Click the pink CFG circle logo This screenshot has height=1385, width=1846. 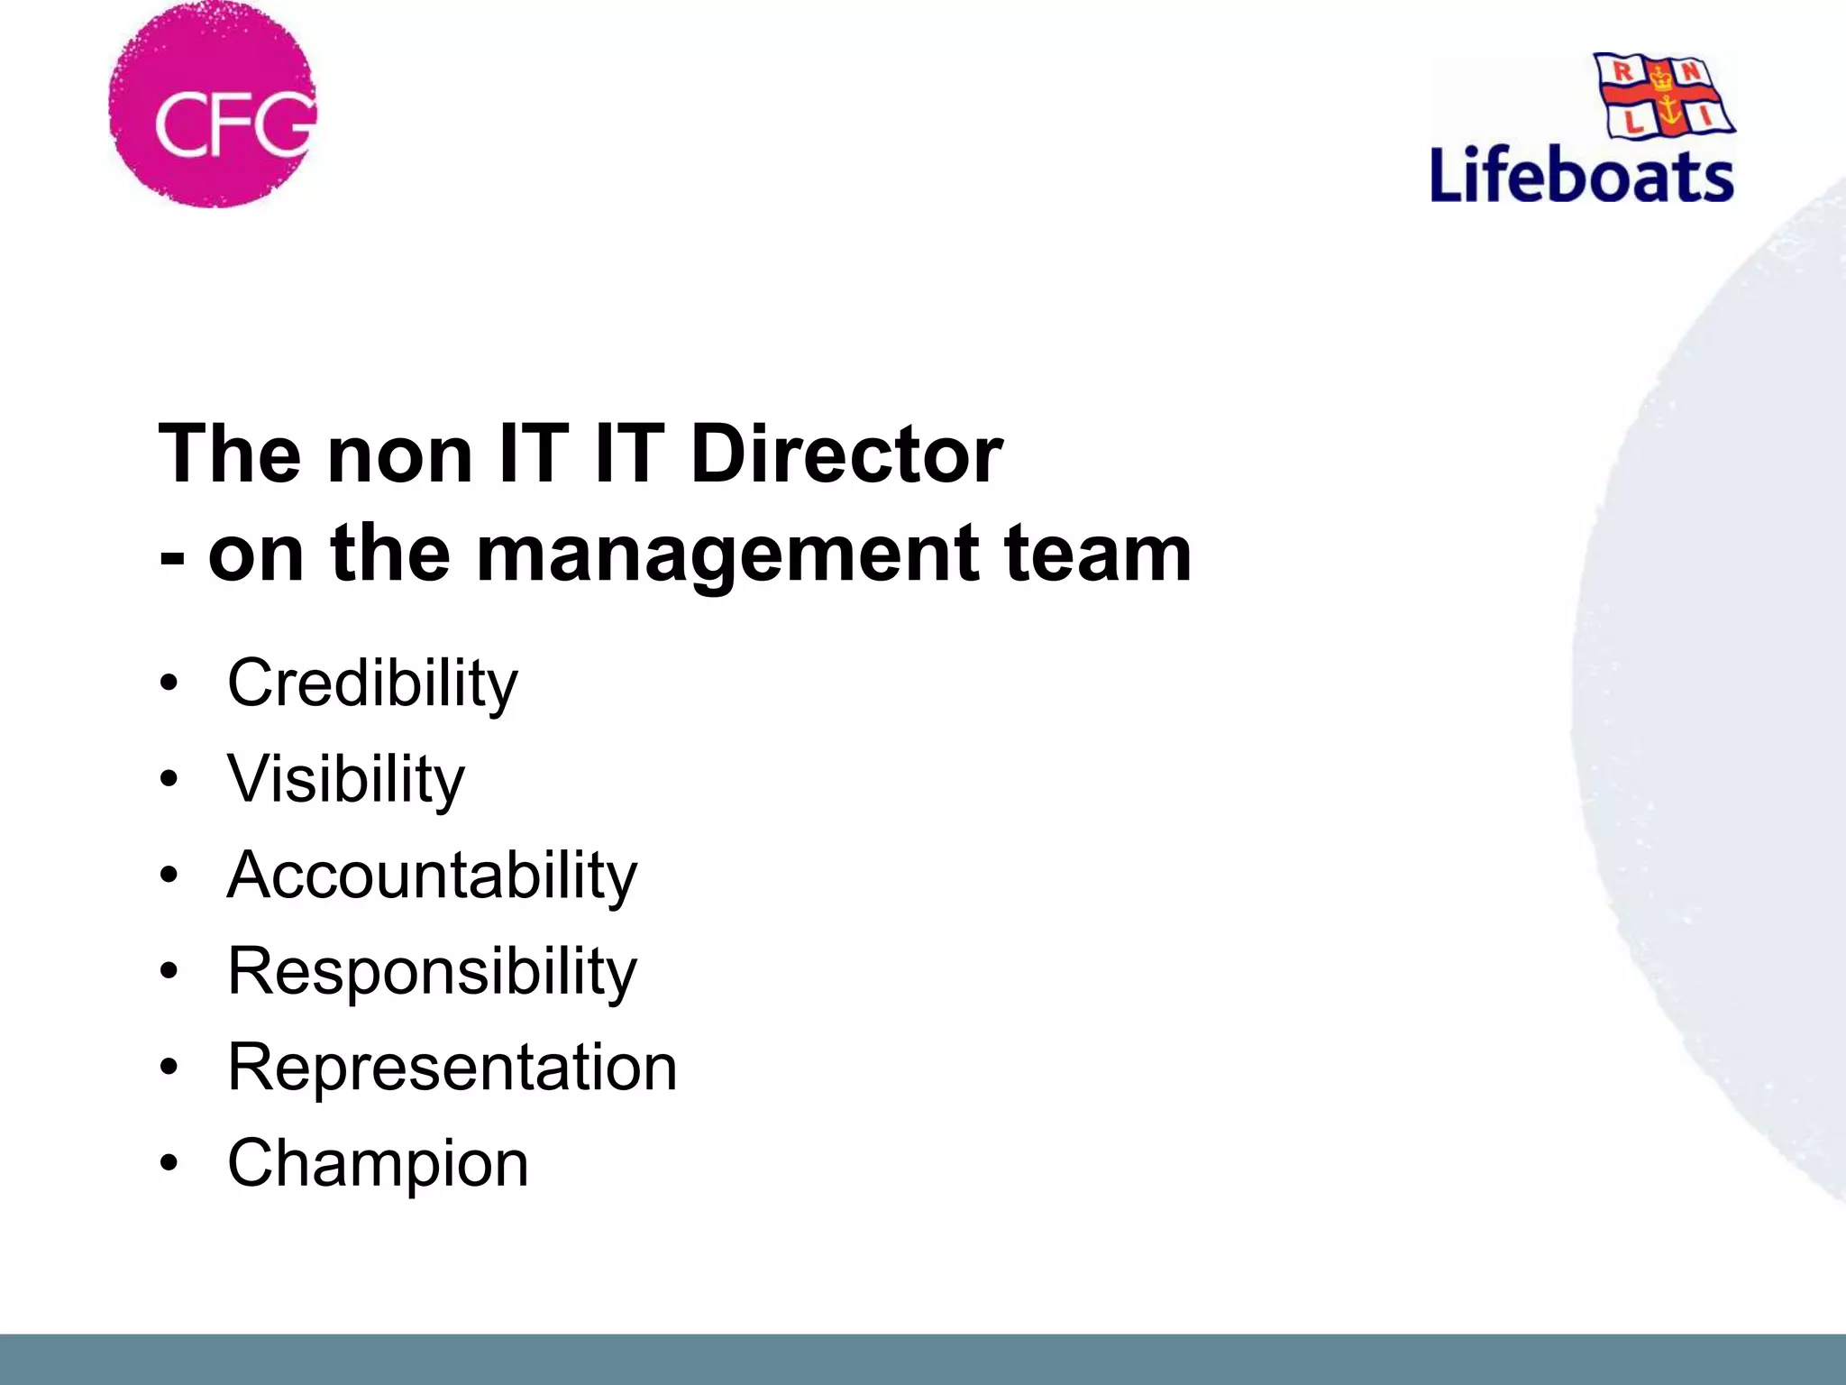(x=213, y=105)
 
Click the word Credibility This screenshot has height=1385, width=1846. (x=372, y=683)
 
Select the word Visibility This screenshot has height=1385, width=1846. (x=346, y=779)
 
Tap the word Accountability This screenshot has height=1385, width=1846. (x=432, y=876)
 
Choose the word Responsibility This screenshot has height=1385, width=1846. (x=432, y=972)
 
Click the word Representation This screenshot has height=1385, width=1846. (x=452, y=1068)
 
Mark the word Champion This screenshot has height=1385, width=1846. (x=378, y=1163)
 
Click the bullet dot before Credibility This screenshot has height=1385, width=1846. (x=169, y=683)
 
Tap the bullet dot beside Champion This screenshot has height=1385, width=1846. (x=169, y=1163)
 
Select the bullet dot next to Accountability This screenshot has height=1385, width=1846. (x=169, y=876)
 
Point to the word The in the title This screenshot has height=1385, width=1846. (x=229, y=453)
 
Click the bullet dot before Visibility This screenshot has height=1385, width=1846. (x=169, y=779)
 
